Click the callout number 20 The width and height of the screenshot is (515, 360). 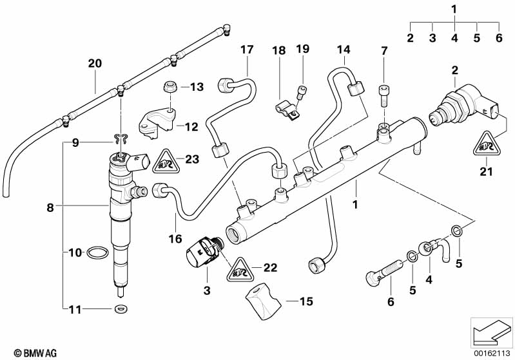tap(95, 64)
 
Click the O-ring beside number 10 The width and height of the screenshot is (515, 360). tap(94, 252)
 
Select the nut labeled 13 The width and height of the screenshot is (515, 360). tap(171, 86)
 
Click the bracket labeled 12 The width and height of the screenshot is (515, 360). tap(156, 123)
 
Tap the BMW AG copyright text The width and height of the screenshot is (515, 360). tap(23, 352)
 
